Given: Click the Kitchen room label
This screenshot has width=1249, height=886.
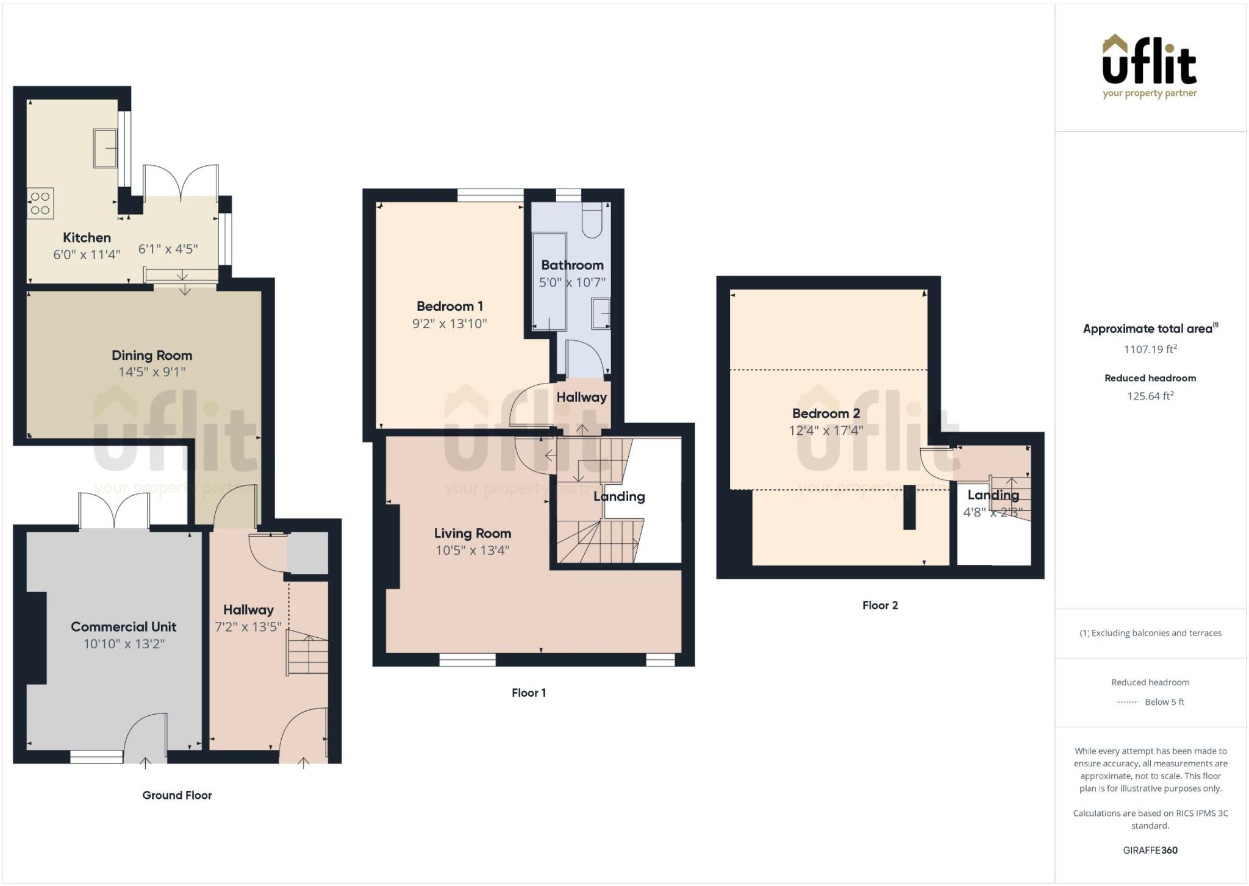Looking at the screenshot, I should coord(87,238).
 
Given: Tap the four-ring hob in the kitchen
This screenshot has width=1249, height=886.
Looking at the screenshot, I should coord(40,204).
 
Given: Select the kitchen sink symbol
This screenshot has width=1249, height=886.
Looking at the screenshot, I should coord(105,148).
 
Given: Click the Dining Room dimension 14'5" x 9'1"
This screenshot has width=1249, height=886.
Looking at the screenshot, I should coord(152,372).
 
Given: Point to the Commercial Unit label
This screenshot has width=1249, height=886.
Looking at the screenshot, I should coord(124,627).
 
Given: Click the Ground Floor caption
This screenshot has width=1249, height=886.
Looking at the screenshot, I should coord(177,795).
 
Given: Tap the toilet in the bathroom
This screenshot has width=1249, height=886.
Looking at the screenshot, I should coord(592,221).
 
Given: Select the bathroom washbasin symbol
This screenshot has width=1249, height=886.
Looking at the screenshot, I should coord(601,313).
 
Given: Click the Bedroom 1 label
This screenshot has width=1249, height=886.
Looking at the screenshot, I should coord(449,306).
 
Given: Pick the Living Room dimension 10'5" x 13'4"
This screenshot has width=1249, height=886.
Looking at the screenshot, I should coord(472,551).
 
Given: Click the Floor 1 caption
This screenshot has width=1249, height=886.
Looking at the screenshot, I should coord(529,693).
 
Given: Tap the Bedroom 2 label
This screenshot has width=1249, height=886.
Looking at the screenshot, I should coord(826,413).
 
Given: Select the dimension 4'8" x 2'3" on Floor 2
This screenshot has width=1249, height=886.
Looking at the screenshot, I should coord(992,512).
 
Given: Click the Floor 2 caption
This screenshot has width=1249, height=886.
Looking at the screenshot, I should coord(879,606).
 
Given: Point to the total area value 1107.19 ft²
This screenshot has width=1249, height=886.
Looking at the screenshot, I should coord(1150,349).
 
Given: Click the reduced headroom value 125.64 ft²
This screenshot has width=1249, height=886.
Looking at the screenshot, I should coord(1150,396).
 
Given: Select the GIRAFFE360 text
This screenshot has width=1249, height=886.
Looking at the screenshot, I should coord(1150,850).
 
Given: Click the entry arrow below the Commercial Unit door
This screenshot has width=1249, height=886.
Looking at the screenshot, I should coord(146,762).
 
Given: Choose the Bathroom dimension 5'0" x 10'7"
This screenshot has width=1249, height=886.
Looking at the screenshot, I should coord(572,282).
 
